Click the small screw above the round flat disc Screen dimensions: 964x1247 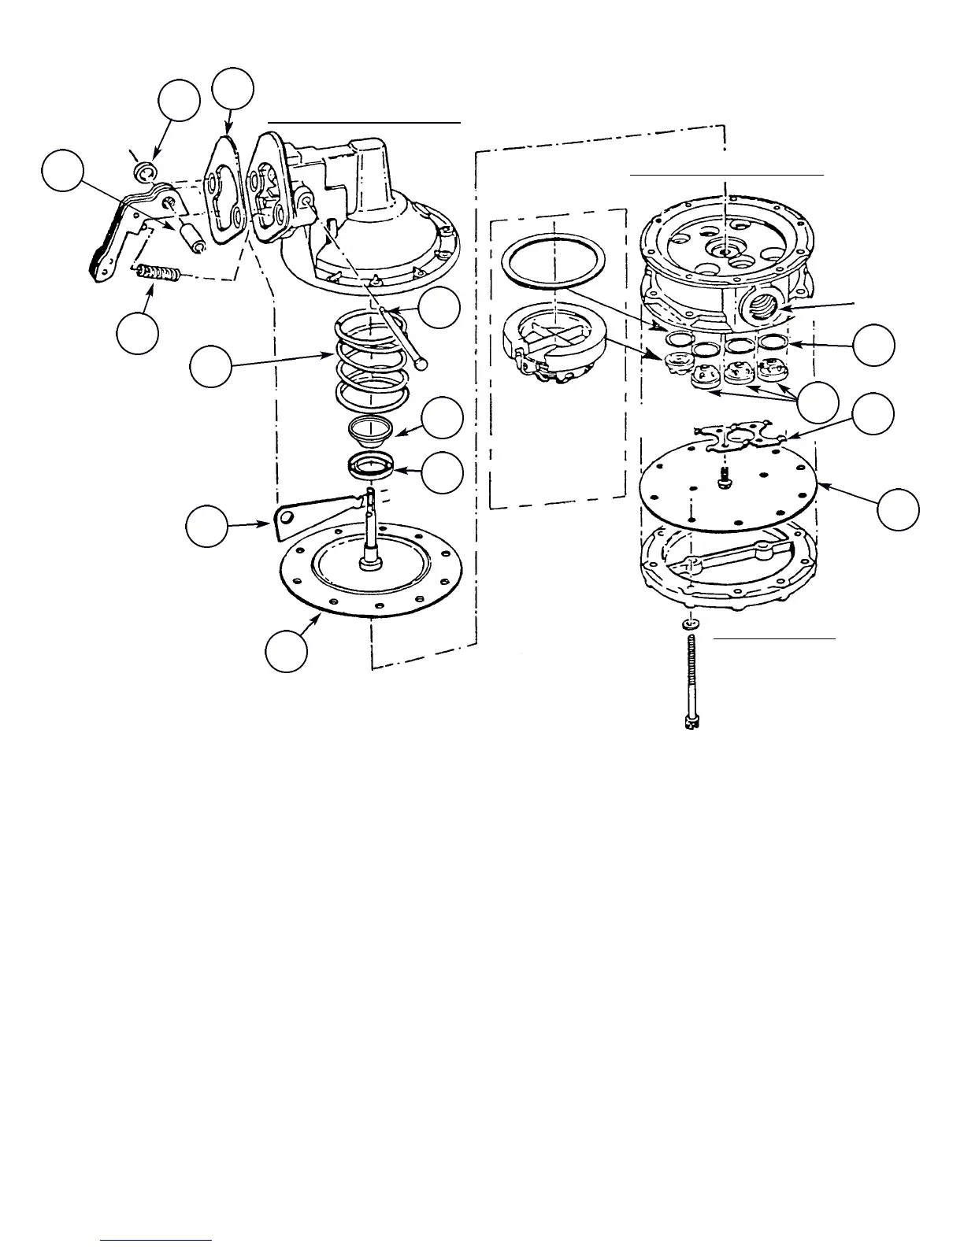click(x=722, y=475)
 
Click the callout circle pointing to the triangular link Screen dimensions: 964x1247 click(x=206, y=526)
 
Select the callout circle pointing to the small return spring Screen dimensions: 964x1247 click(x=137, y=333)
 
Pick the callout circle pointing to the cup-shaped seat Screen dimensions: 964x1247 click(x=441, y=418)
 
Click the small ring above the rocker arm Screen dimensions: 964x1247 click(x=145, y=172)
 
